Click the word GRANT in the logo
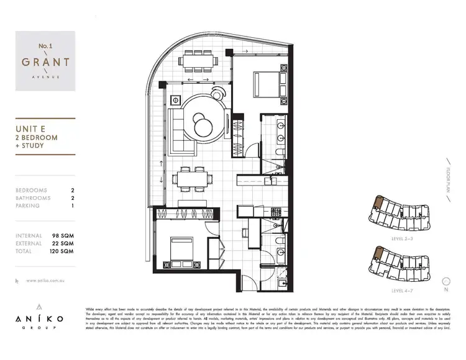tap(45, 63)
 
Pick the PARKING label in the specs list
tap(28, 205)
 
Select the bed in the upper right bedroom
tap(267, 83)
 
